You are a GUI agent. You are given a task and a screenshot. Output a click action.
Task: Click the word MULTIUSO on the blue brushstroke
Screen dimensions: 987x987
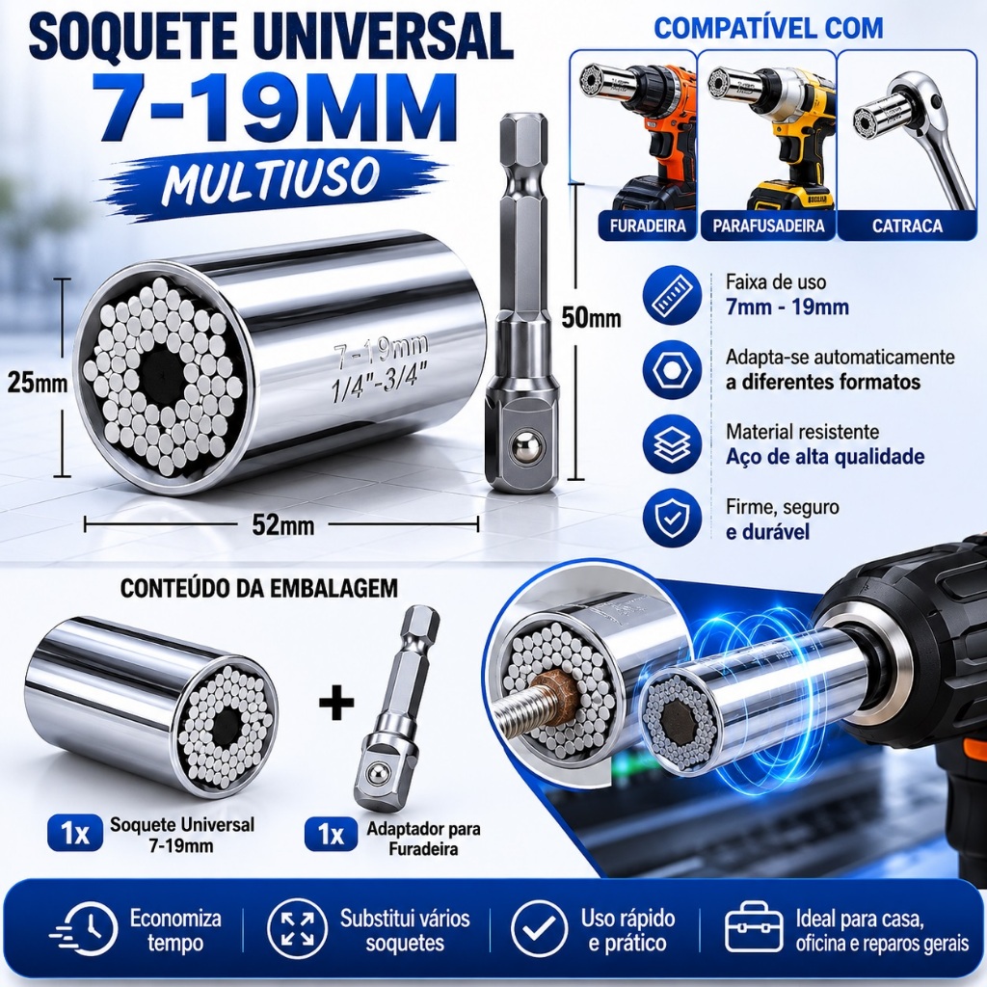pos(271,179)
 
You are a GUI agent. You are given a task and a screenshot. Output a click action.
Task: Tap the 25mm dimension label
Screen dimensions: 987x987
pos(38,382)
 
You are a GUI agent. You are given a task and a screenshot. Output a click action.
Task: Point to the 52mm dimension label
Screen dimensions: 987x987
pos(283,524)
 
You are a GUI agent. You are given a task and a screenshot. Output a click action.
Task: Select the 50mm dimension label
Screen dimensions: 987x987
pos(591,318)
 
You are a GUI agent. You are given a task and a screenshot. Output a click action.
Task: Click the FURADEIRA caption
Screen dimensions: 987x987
pos(648,226)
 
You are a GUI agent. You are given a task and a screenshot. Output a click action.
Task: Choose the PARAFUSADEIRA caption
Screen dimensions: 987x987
pos(768,226)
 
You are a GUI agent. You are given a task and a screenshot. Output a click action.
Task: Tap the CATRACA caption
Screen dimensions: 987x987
pos(907,226)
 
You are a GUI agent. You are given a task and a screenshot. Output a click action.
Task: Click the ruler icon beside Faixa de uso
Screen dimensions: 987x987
pos(672,295)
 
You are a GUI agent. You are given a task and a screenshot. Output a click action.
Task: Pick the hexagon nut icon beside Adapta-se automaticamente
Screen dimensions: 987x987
pos(672,369)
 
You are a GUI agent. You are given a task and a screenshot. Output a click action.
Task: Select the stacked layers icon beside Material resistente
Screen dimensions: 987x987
pos(672,444)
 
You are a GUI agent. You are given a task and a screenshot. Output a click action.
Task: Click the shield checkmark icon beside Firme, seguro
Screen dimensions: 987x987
pos(672,519)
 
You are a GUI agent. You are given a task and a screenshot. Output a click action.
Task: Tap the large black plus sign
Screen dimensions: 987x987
pos(336,704)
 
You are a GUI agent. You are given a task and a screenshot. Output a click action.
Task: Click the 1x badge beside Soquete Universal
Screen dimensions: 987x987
pos(75,834)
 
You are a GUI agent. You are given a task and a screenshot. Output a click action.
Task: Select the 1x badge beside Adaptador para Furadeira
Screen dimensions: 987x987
pos(332,834)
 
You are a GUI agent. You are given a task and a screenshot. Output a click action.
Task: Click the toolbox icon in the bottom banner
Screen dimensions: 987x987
pos(754,928)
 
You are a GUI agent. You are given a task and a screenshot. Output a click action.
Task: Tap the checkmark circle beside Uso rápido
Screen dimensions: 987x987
pos(540,928)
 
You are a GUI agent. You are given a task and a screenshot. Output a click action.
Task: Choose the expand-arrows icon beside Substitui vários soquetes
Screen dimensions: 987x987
pos(297,928)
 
